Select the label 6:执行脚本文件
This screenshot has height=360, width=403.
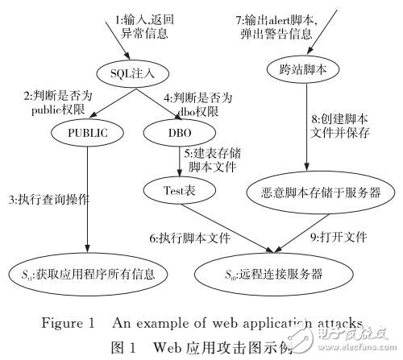click(189, 239)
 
